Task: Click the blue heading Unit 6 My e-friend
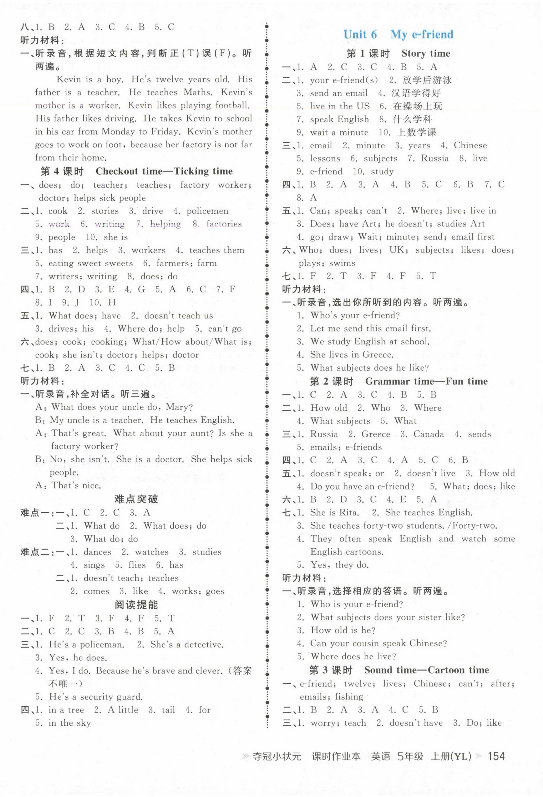[398, 35]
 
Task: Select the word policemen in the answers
[207, 211]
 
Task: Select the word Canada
[428, 434]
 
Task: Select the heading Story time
[426, 53]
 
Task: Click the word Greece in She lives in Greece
[377, 355]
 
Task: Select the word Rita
[349, 513]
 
